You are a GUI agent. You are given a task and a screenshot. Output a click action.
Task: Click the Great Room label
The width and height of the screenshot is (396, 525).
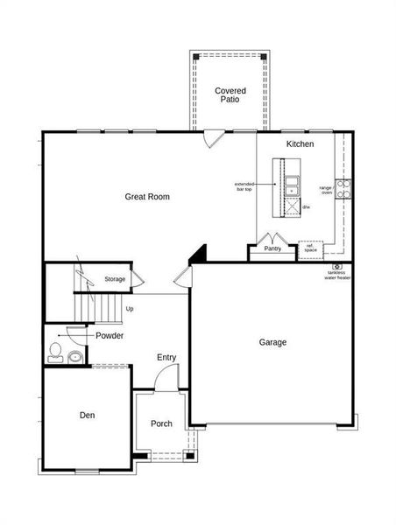[x=146, y=197]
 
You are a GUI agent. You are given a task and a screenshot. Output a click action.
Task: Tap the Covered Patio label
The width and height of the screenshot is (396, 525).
[x=230, y=95]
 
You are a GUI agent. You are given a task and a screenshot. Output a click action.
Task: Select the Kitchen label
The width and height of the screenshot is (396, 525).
[x=300, y=143]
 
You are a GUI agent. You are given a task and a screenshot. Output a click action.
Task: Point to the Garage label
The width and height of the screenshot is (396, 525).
[x=272, y=342]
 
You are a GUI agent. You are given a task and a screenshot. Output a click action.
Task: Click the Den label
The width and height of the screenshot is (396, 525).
[x=87, y=415]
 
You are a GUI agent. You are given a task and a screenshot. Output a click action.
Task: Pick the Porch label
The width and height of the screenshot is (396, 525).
[x=161, y=423]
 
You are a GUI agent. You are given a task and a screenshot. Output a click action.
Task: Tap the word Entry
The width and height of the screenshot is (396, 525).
[x=166, y=357]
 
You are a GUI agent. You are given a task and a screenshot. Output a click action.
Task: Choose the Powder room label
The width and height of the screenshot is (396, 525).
[x=110, y=336]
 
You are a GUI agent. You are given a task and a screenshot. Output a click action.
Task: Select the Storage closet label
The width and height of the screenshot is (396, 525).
[x=115, y=279]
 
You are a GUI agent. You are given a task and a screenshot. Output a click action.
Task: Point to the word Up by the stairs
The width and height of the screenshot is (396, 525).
[x=130, y=309]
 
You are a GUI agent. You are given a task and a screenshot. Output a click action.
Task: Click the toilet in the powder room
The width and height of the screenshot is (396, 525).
[x=55, y=352]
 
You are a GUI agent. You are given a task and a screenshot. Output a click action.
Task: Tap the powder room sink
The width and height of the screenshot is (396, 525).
[x=74, y=356]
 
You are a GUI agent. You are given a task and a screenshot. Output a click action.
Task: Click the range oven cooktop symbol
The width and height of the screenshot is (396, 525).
[x=343, y=185]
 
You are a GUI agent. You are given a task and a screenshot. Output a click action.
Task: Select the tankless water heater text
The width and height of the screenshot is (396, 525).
[x=337, y=275]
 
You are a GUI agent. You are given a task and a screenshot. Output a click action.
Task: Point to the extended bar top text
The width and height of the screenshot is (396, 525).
[x=244, y=186]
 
